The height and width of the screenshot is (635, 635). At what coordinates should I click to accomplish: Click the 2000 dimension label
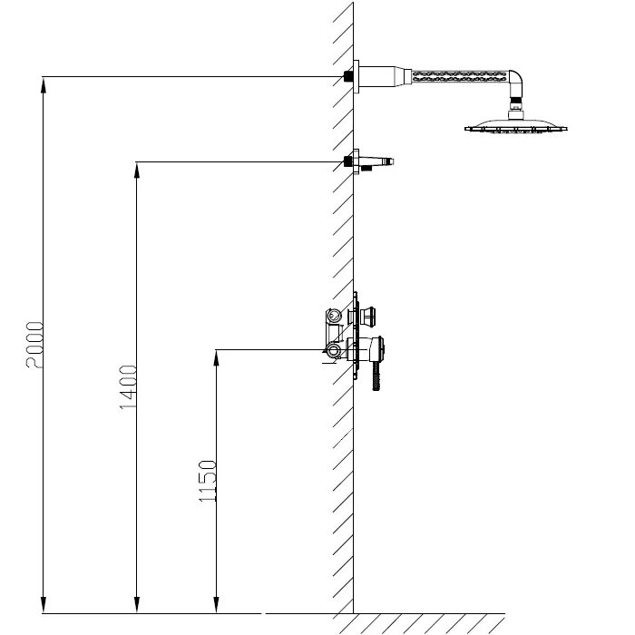pyautogui.click(x=34, y=344)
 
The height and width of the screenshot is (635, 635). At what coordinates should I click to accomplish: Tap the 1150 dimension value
pyautogui.click(x=207, y=483)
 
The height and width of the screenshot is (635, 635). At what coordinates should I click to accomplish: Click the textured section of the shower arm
pyautogui.click(x=458, y=76)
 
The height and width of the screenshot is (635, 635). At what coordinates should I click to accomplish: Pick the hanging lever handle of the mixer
pyautogui.click(x=376, y=372)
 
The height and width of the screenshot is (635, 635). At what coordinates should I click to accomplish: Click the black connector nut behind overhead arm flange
pyautogui.click(x=348, y=77)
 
